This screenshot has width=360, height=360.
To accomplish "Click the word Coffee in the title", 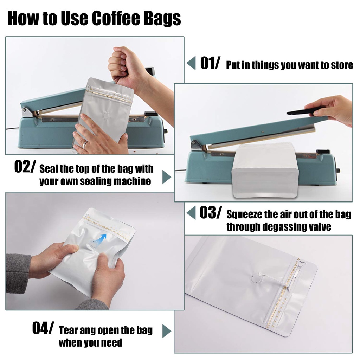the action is pos(116,18).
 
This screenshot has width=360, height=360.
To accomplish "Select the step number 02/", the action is pos(25,166).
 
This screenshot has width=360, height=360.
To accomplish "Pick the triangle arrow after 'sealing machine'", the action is pos(167,177).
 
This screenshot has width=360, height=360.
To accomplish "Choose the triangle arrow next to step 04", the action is pos(167,331).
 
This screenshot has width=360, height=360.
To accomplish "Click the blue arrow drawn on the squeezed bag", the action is pos(101,239).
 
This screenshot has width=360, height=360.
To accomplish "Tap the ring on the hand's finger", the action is pos(85,144).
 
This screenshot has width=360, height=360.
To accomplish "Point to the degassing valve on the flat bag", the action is pos(256,278).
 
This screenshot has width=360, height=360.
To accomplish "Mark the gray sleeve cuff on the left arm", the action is pos(18,273).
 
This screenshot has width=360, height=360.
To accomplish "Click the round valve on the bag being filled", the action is pos(106,115).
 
